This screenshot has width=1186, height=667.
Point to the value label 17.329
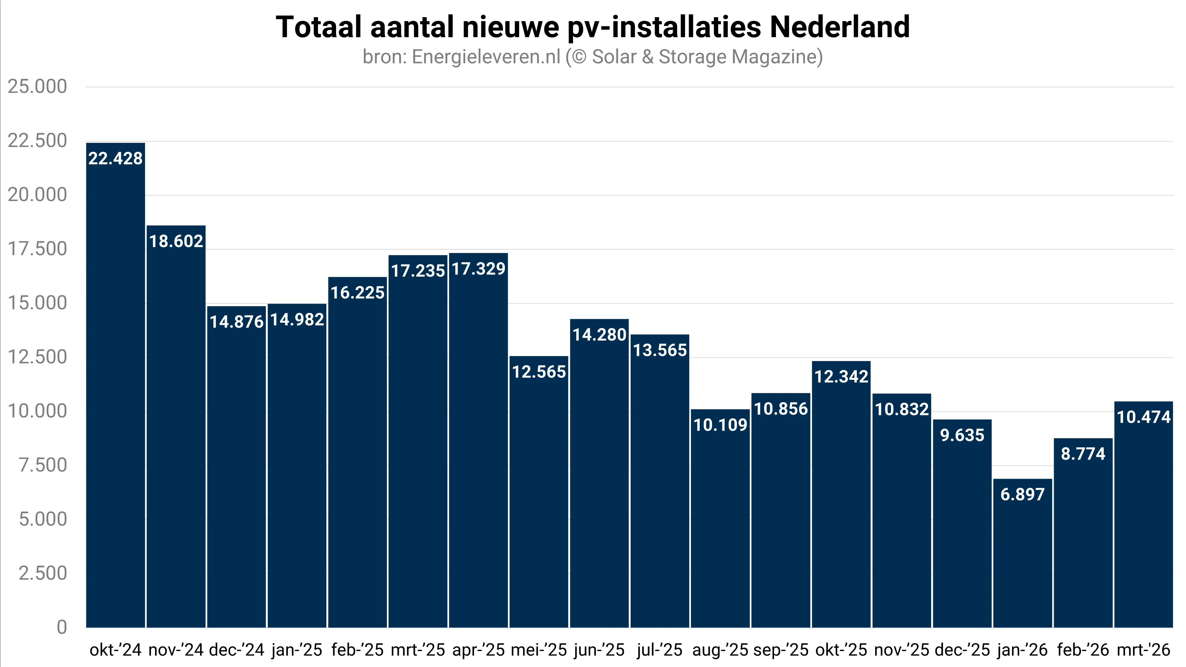478,269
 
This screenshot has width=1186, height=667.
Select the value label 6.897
1022,495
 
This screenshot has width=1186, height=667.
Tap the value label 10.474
1144,417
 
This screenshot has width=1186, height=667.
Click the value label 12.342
841,377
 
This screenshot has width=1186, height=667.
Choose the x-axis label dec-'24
237,650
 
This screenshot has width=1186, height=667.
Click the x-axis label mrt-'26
1144,650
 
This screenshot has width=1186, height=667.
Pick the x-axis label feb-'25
357,650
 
